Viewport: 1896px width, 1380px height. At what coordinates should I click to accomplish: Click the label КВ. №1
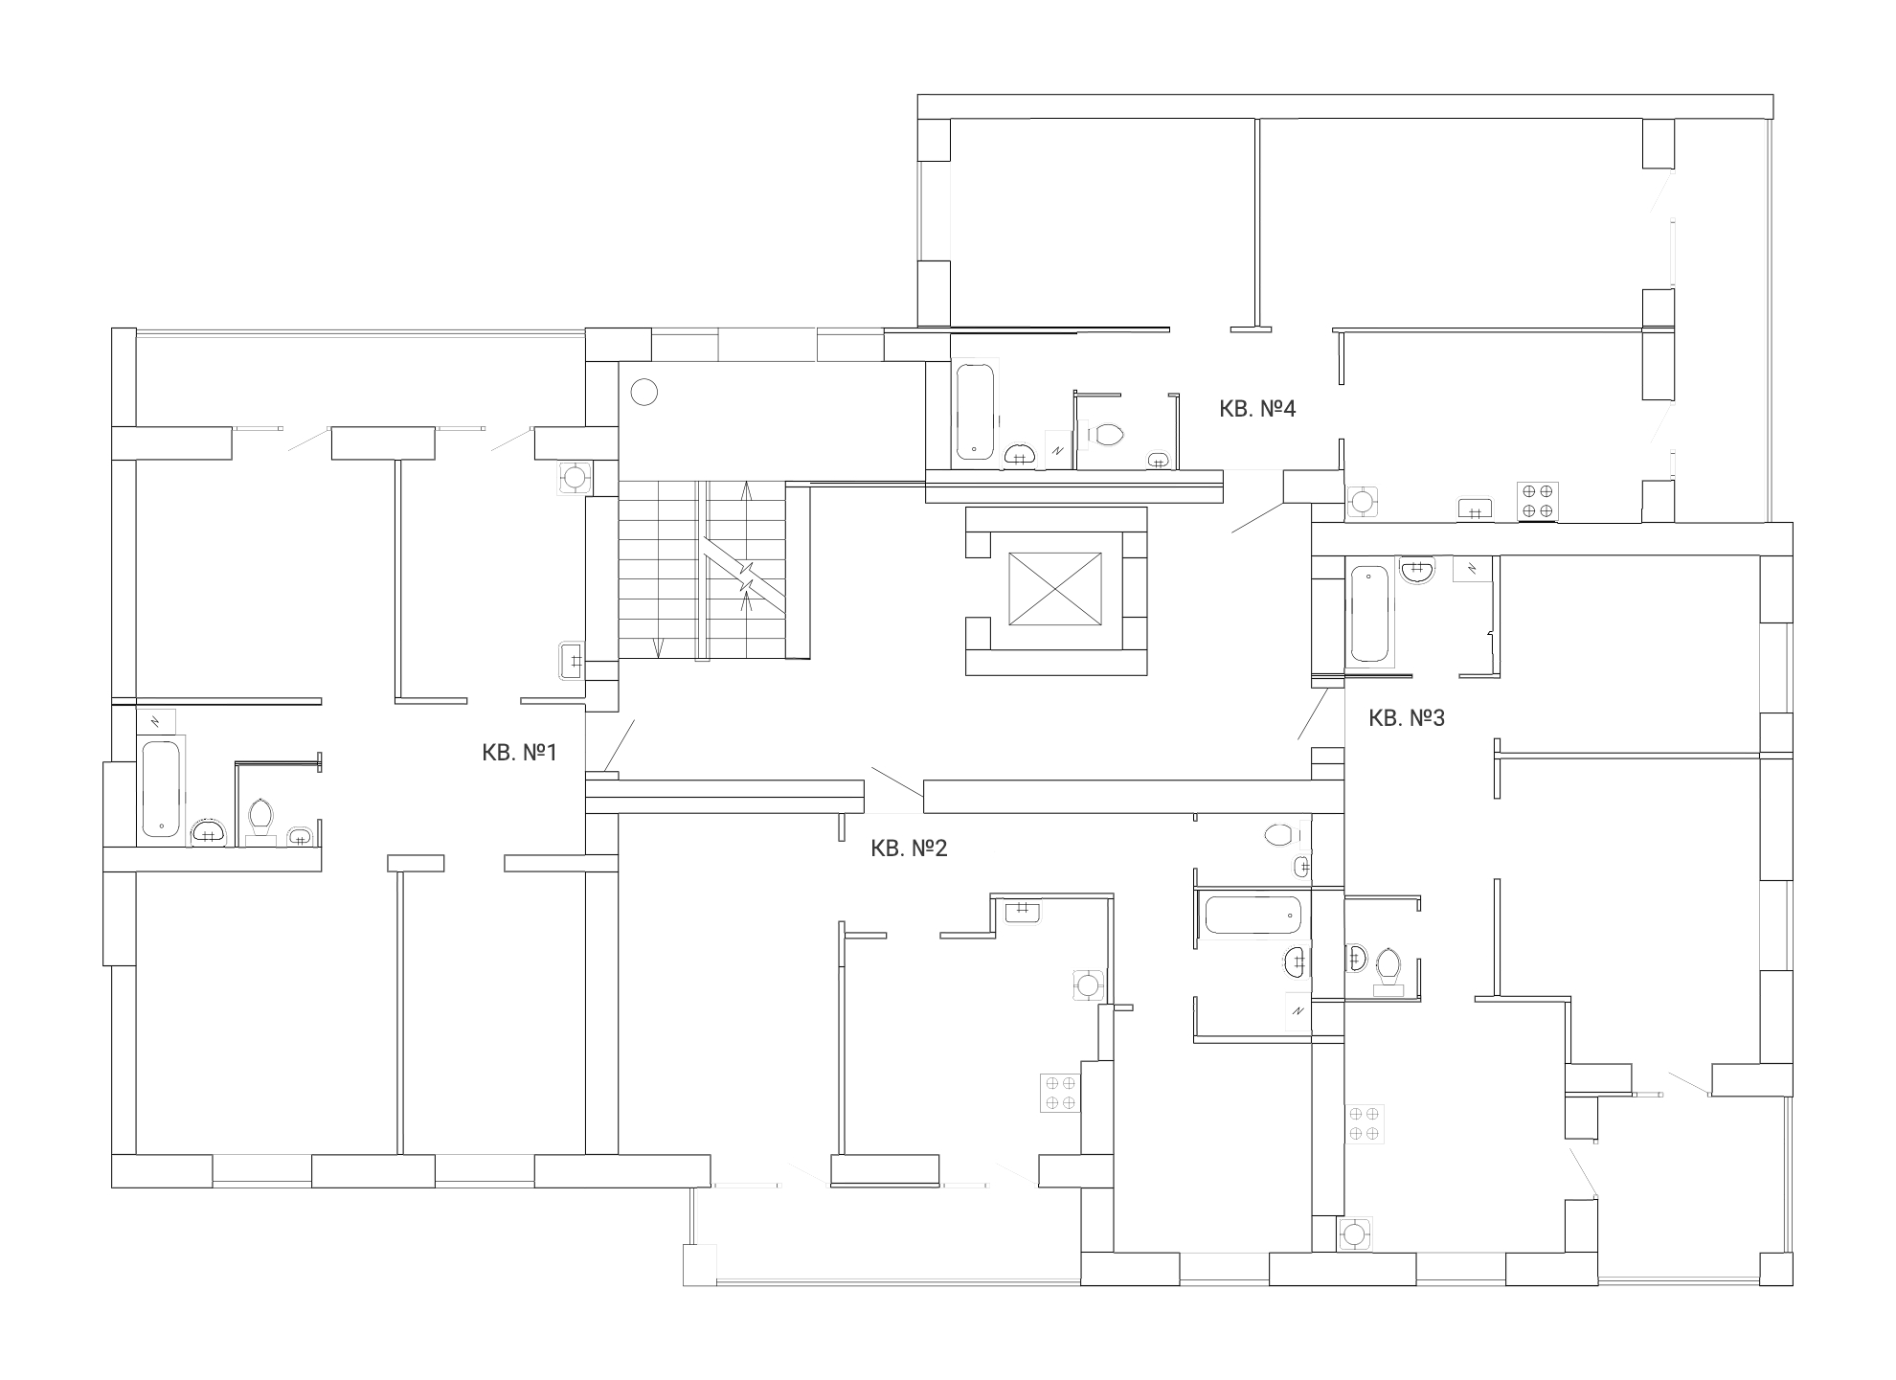click(x=519, y=753)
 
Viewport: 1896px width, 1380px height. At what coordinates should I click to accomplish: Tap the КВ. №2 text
click(x=909, y=848)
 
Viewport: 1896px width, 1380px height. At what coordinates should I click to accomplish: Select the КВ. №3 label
click(x=1407, y=718)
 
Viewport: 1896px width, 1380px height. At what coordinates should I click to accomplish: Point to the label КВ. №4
click(x=1257, y=409)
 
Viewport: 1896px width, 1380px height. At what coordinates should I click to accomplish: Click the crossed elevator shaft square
click(x=1055, y=590)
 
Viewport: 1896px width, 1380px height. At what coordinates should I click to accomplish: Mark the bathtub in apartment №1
click(x=162, y=788)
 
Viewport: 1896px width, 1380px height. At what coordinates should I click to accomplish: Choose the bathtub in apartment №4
click(x=975, y=410)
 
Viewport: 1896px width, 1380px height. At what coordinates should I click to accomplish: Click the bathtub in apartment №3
click(x=1369, y=614)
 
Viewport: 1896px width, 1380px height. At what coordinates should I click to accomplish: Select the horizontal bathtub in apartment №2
click(x=1253, y=915)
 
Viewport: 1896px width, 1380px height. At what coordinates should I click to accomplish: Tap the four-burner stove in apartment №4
click(x=1538, y=501)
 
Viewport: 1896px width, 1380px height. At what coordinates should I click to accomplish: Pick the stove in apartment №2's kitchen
click(x=1061, y=1093)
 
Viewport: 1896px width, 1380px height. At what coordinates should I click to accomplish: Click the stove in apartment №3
click(x=1364, y=1123)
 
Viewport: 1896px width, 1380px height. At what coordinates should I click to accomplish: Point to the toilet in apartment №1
click(x=260, y=820)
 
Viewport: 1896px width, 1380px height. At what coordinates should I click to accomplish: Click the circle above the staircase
click(x=644, y=392)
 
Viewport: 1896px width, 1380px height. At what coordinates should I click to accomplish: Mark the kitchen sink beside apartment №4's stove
click(x=1475, y=509)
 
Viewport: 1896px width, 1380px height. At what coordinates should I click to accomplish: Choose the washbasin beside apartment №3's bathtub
click(x=1417, y=571)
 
